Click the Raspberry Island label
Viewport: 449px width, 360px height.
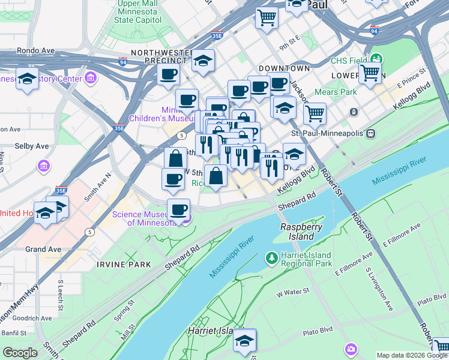click(x=301, y=232)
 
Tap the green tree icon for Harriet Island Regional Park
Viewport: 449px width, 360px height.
click(x=272, y=257)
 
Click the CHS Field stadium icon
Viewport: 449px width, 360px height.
click(x=377, y=59)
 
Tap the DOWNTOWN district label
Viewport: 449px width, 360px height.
click(x=285, y=68)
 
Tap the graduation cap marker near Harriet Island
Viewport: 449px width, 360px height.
click(x=245, y=341)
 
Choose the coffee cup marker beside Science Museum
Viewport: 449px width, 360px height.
click(x=178, y=211)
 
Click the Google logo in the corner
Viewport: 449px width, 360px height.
click(x=20, y=353)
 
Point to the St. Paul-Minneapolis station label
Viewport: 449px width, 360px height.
click(x=328, y=133)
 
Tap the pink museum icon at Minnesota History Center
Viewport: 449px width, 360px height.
click(x=91, y=78)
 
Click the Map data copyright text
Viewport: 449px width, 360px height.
click(x=411, y=355)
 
